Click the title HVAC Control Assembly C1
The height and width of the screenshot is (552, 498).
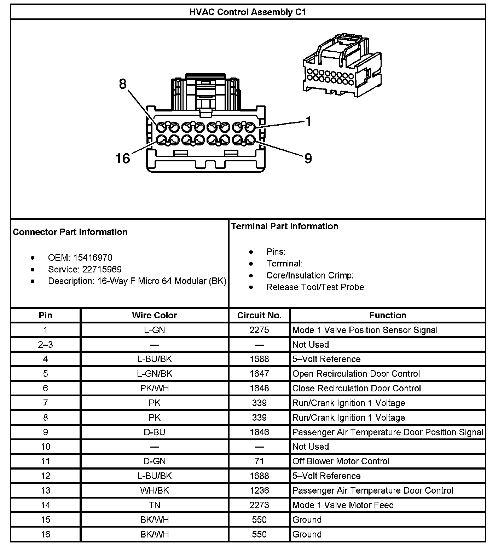(248, 12)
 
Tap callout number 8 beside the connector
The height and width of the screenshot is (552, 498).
(122, 84)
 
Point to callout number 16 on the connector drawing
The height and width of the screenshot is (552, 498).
(123, 158)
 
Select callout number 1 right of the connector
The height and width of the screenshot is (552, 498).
(308, 121)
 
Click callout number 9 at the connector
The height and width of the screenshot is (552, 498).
(308, 158)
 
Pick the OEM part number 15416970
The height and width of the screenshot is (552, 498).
(93, 258)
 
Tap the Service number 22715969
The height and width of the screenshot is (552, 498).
(102, 269)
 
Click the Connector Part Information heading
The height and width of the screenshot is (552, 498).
(70, 232)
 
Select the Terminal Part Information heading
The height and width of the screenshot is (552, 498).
(284, 226)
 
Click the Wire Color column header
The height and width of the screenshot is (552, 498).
(155, 315)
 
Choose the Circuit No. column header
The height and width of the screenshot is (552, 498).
(259, 315)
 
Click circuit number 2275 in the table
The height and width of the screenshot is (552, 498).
(259, 330)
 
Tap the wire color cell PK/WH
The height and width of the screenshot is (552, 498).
(155, 388)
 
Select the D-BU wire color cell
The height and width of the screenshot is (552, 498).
(155, 432)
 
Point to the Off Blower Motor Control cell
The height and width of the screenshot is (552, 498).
(341, 461)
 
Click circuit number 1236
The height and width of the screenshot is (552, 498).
(259, 490)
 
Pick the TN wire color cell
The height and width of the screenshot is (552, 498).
(155, 505)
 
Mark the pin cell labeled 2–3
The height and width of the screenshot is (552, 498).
(46, 345)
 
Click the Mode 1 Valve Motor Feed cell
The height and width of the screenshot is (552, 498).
(343, 505)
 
